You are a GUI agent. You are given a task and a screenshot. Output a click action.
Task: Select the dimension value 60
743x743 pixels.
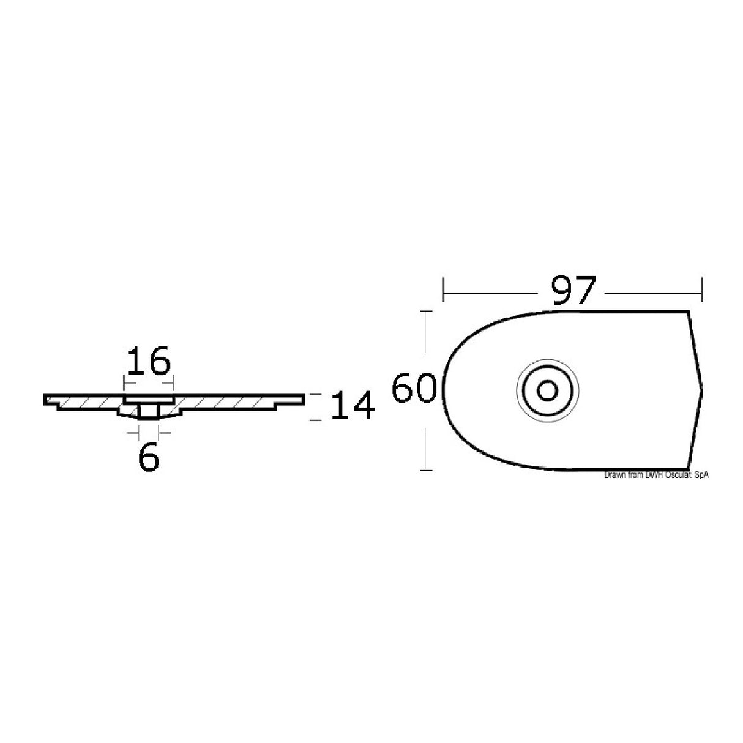414,389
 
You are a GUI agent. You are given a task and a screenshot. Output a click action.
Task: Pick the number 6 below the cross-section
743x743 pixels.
149,457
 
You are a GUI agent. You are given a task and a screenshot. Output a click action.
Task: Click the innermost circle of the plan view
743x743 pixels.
547,390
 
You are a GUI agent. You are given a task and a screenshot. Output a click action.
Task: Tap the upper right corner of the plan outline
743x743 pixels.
690,312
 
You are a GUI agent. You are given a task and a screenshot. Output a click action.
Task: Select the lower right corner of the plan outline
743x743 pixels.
692,468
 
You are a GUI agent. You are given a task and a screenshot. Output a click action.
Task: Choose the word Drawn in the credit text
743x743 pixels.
614,476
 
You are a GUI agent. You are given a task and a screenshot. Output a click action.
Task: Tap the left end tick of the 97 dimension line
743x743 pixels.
444,289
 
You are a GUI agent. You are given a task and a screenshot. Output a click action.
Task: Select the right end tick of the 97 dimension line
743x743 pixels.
702,289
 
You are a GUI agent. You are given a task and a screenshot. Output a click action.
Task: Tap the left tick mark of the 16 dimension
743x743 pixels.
125,384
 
